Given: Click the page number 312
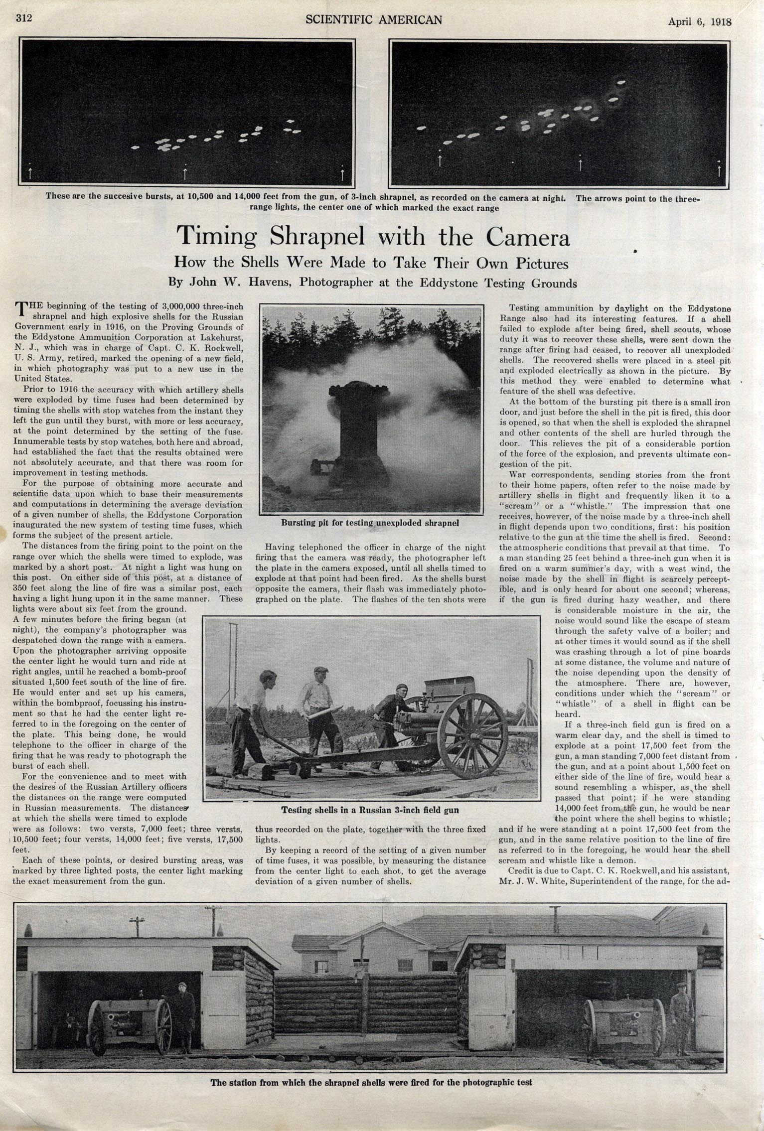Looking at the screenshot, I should pos(23,18).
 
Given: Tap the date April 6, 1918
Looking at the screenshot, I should pos(699,21).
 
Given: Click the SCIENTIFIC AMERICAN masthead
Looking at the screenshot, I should pos(373,19).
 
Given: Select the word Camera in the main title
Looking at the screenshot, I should pos(528,237).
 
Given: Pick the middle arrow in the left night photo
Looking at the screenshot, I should pos(185,172).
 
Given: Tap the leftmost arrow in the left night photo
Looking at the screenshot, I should pos(30,172).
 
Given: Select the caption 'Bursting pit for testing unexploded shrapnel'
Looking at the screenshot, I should pos(369,523).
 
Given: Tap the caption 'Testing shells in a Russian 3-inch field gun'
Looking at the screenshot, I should pos(370,810).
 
